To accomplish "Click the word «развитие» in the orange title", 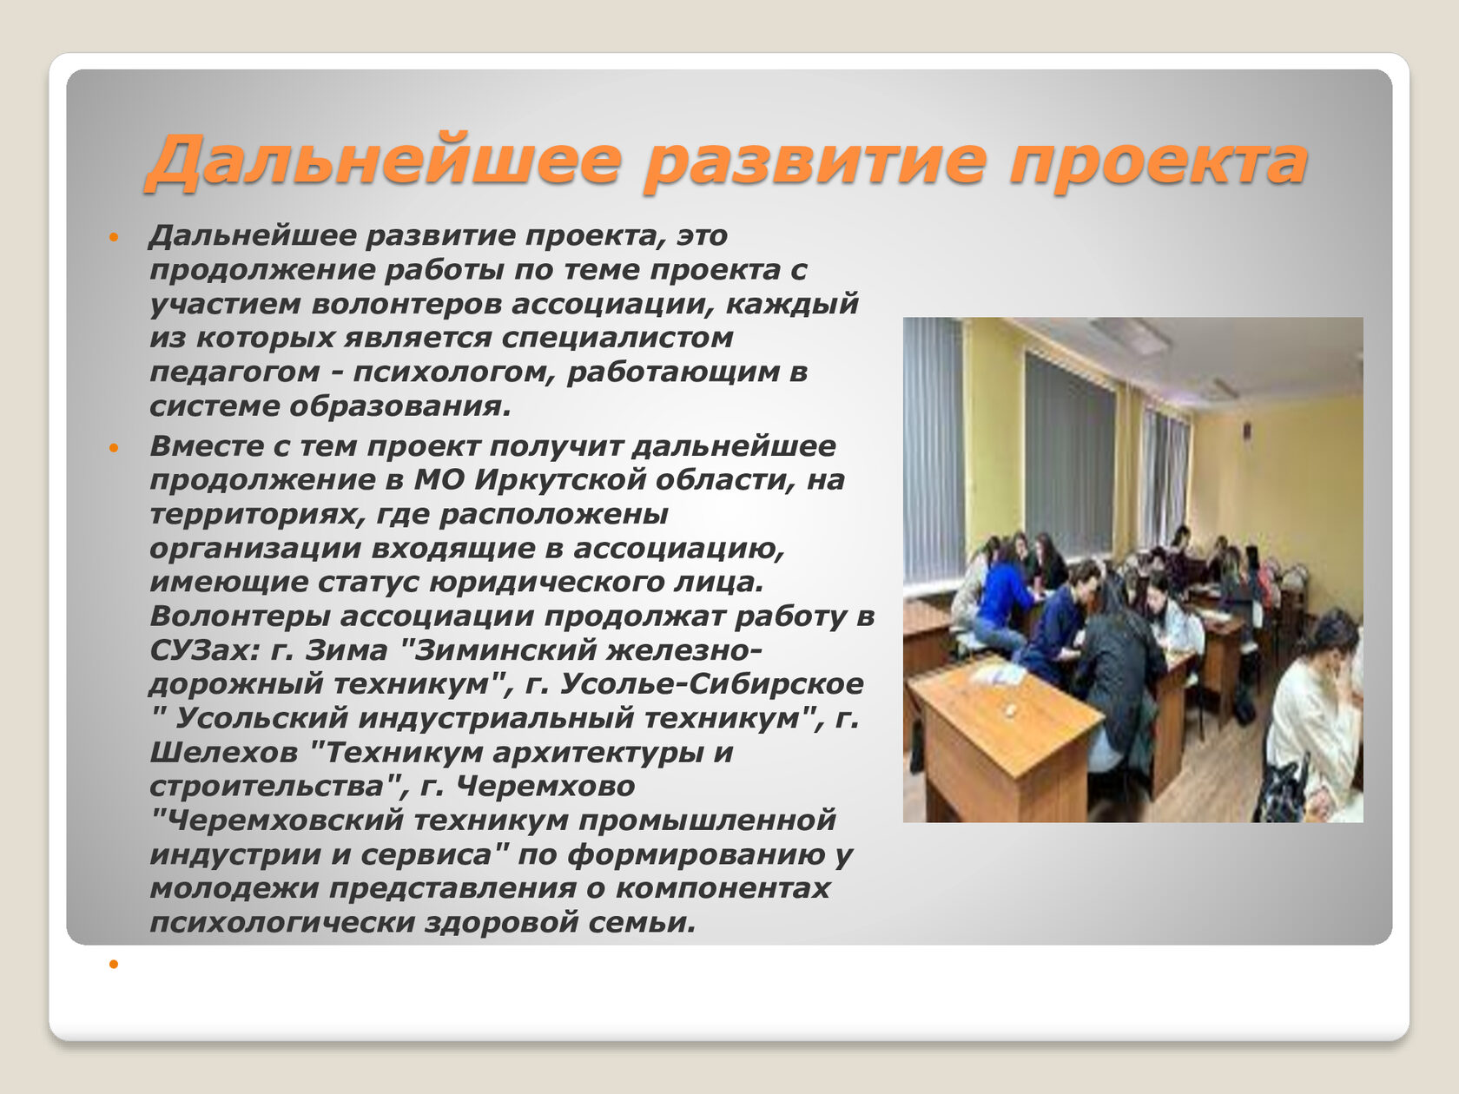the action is coord(815,161).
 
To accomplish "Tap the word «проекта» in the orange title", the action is coord(1158,161).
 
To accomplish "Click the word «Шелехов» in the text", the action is coord(223,753).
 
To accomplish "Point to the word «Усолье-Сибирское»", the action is coord(711,685).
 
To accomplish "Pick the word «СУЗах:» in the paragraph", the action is coord(205,650).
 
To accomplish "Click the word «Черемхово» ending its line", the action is coord(545,787).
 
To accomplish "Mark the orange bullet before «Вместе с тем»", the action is coord(114,448).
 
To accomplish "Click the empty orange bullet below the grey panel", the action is coord(114,964).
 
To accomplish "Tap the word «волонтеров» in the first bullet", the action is coord(406,304).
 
